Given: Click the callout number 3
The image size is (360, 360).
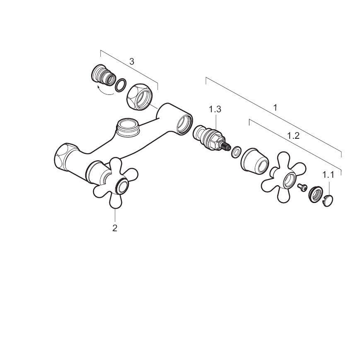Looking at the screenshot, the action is coord(132,62).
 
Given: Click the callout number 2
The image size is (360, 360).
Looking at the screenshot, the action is coord(115,228).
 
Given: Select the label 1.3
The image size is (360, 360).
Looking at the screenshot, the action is coord(215,109).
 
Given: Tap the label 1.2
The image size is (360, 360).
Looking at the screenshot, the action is coord(293,136).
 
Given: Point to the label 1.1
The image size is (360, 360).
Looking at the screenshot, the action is coord(329,175).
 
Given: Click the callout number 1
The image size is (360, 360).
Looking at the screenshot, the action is coord(275,107).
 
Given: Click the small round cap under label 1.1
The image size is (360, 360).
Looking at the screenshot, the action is coord(328,201).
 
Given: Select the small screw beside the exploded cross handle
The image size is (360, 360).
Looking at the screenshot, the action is coord(302,187).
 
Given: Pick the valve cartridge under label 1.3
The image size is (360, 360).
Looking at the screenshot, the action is coord(211,139).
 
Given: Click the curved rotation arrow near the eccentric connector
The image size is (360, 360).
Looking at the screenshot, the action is coord(104,92).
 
